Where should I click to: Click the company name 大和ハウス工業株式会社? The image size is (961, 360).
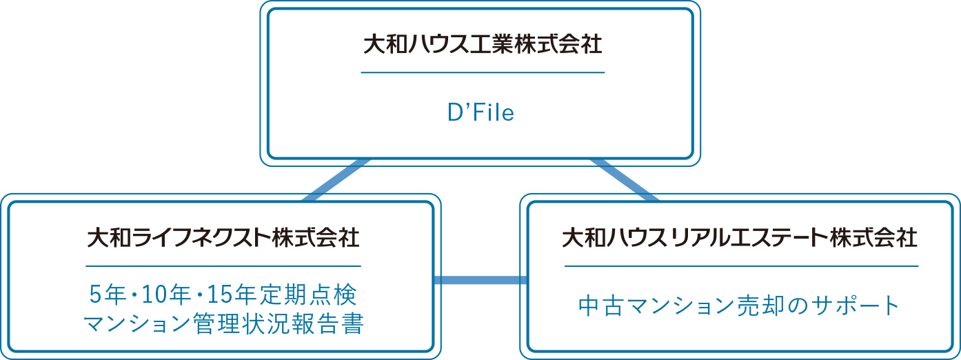click(483, 46)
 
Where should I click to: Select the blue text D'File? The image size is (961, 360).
click(481, 112)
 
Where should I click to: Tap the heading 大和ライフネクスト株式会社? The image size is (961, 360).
click(223, 238)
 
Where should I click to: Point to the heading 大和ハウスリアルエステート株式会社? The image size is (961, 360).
click(740, 238)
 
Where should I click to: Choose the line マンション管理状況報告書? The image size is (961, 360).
click(223, 323)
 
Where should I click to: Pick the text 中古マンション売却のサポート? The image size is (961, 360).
click(740, 305)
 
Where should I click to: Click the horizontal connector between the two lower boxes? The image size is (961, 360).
click(480, 280)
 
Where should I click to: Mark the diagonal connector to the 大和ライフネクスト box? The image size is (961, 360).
click(336, 181)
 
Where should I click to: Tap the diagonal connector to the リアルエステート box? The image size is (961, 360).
click(624, 181)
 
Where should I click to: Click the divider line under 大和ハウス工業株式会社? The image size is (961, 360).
click(483, 72)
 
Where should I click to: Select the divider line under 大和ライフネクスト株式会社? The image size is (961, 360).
click(223, 266)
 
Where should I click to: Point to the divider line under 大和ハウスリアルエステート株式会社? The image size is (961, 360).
click(741, 266)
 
